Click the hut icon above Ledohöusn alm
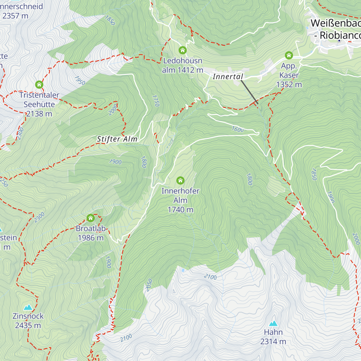[183, 50]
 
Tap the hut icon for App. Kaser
[289, 55]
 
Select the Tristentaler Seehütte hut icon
[39, 85]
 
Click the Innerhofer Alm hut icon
[180, 180]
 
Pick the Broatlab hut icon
[91, 218]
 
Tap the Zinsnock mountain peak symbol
[28, 307]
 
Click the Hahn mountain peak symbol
[273, 323]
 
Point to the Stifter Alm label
[117, 139]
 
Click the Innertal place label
[228, 77]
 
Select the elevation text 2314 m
[273, 341]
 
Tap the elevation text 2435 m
[28, 326]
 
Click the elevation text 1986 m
[91, 238]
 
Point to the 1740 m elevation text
[180, 210]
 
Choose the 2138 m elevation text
[39, 114]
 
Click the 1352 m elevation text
[289, 85]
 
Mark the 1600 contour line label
[238, 129]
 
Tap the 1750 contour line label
[156, 101]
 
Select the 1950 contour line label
[80, 81]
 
